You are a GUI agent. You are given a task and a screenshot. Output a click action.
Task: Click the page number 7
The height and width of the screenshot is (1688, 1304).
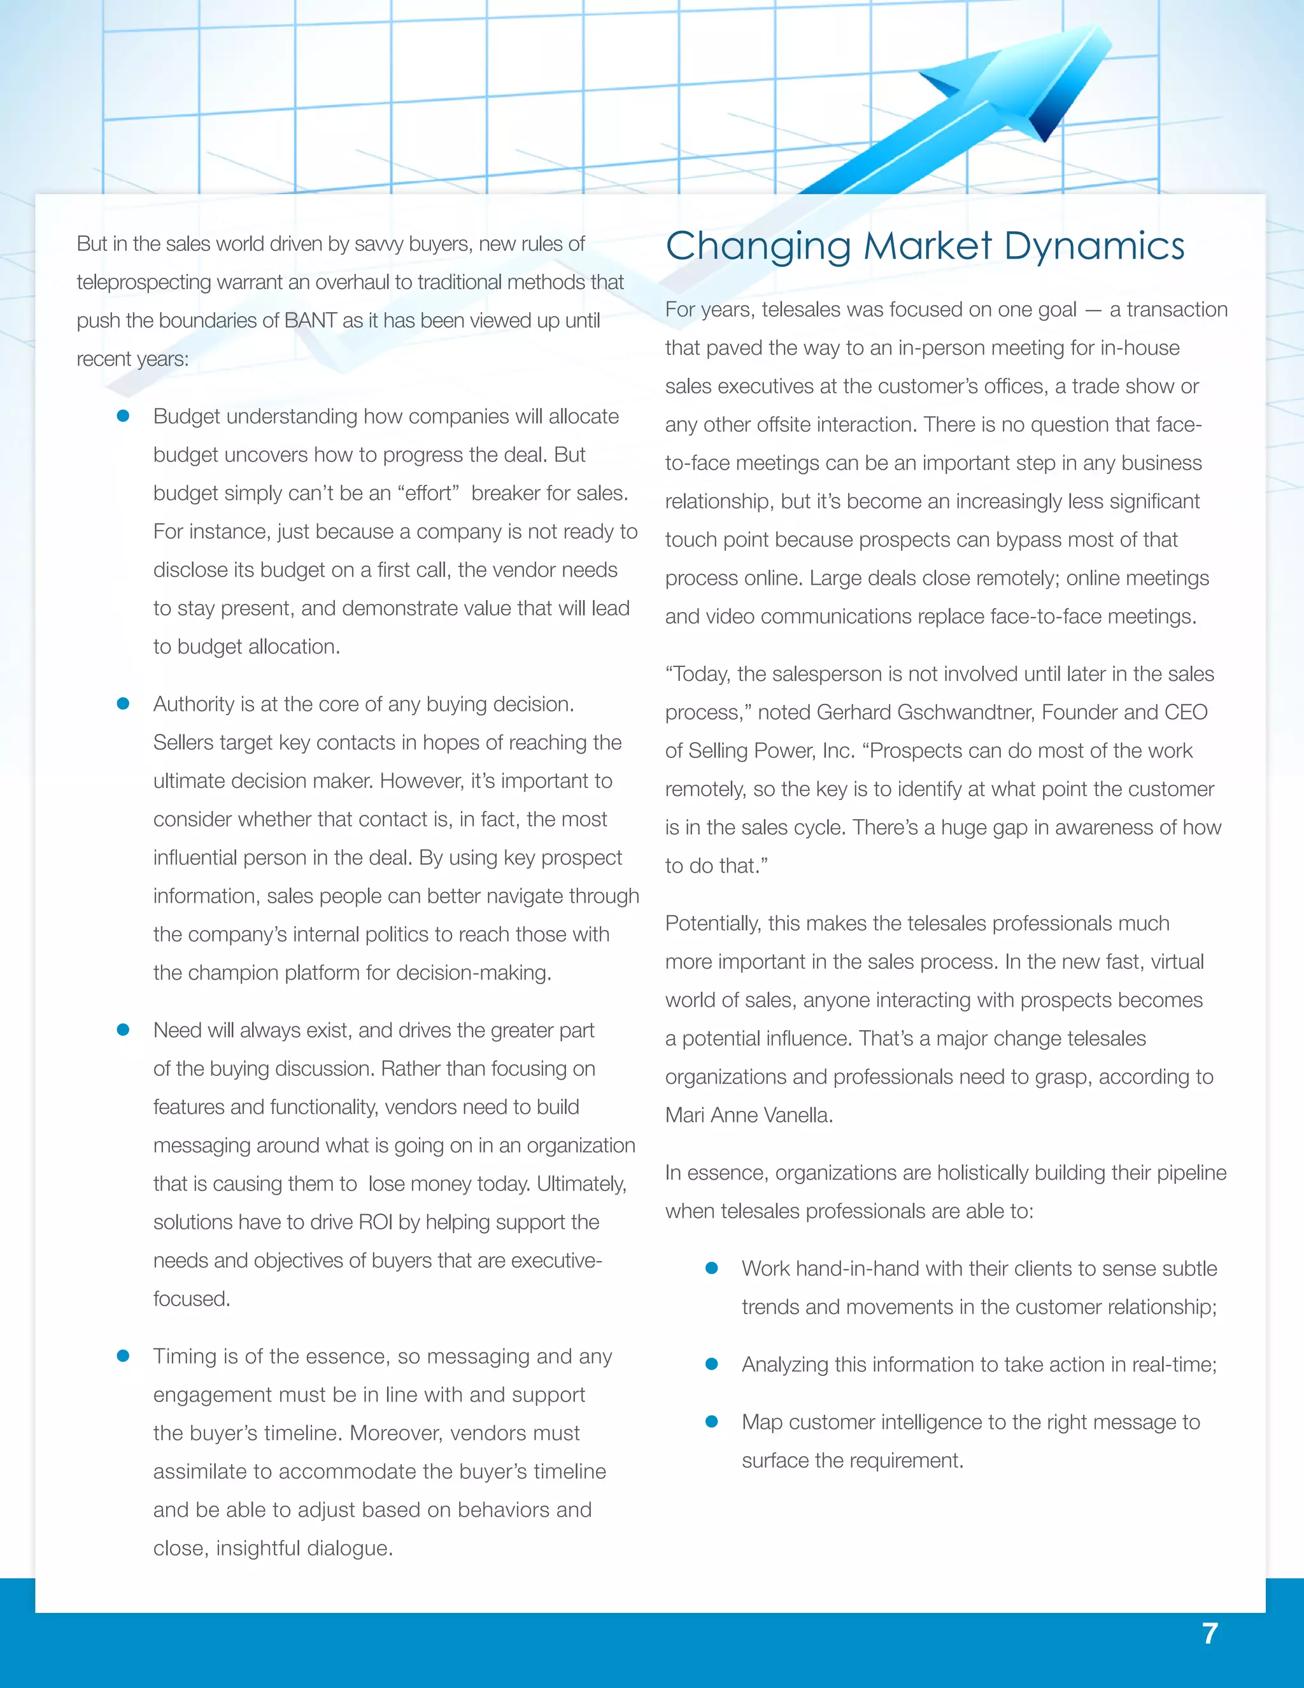pos(1210,1633)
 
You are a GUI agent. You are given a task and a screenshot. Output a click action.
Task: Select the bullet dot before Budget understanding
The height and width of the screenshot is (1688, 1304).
pos(123,417)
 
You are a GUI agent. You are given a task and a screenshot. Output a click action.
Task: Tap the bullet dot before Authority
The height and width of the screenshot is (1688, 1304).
pos(123,704)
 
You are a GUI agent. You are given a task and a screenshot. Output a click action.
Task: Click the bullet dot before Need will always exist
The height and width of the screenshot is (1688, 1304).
pos(123,1030)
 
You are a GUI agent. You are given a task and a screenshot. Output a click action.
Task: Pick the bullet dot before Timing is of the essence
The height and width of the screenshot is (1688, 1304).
pos(123,1356)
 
